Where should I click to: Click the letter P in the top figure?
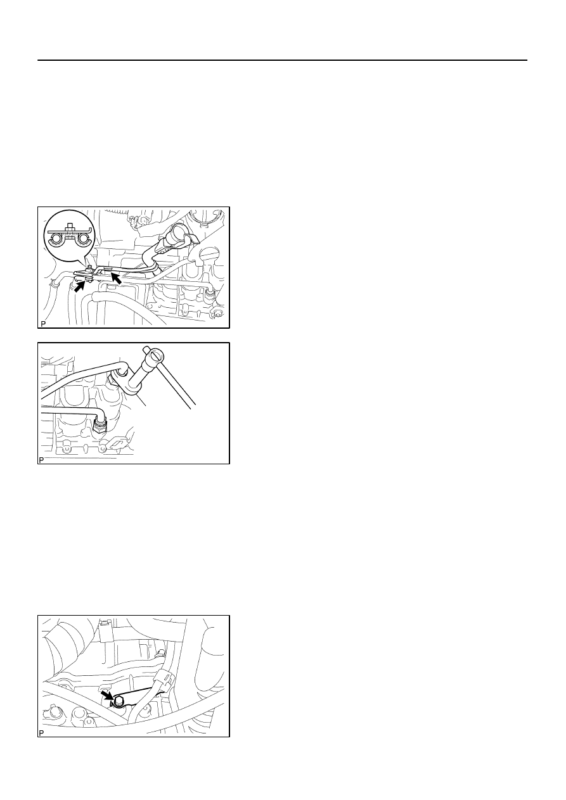[x=43, y=324]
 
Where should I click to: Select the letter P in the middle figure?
[x=41, y=460]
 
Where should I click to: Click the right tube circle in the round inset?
[x=83, y=239]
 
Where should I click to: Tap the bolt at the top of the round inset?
[x=70, y=227]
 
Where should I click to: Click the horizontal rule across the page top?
[x=282, y=60]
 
